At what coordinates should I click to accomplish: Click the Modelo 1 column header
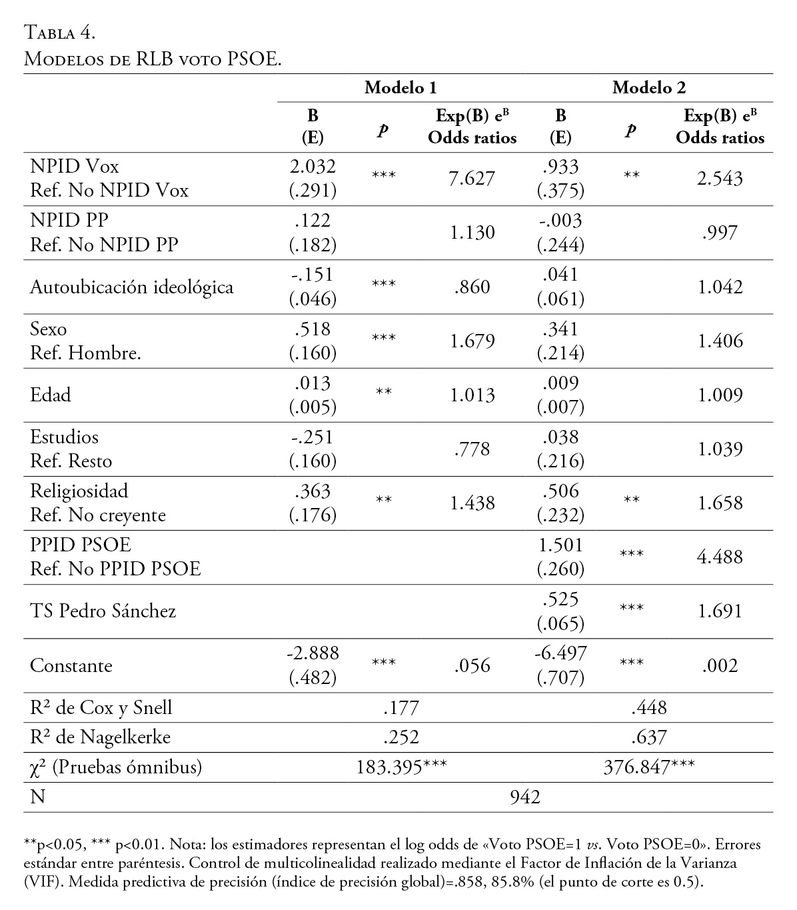(400, 87)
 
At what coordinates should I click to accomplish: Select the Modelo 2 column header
(648, 87)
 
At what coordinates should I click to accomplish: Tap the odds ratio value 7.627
(472, 179)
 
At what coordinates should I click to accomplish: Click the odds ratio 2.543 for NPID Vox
(720, 179)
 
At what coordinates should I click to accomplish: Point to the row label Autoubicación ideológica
(132, 287)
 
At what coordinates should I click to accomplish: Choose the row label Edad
(51, 395)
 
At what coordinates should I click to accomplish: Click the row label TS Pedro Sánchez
(103, 611)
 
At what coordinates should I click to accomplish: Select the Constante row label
(71, 665)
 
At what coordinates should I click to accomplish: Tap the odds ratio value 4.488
(720, 557)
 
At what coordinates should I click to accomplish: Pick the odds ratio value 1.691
(720, 611)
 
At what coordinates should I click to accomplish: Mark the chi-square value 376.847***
(649, 767)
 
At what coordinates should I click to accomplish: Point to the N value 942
(524, 797)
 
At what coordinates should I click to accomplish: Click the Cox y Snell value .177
(401, 707)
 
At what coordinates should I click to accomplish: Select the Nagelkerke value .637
(649, 737)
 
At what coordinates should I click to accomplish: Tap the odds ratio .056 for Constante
(472, 665)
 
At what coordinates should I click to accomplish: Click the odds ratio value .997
(720, 233)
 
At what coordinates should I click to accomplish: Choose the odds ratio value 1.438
(472, 503)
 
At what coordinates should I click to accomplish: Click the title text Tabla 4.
(60, 31)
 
